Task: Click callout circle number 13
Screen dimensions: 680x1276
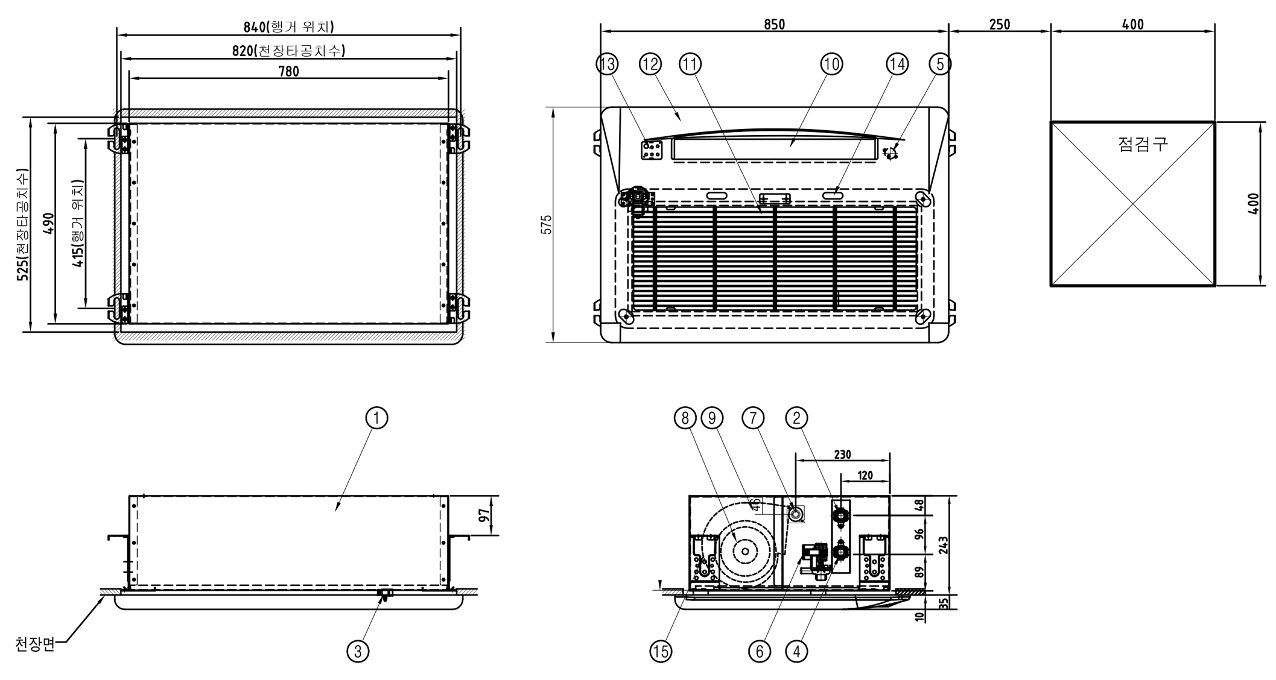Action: click(607, 64)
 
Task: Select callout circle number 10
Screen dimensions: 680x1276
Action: click(831, 64)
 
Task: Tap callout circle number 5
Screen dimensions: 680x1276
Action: click(940, 64)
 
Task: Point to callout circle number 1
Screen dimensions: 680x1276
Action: click(377, 418)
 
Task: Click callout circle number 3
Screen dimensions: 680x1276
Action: click(358, 651)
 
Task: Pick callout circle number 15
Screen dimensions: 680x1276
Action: click(661, 651)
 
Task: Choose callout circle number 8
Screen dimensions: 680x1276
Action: click(685, 418)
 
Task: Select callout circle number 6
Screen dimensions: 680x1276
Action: click(760, 651)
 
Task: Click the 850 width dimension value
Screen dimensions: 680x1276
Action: click(774, 24)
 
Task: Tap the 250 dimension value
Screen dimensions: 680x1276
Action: click(1000, 24)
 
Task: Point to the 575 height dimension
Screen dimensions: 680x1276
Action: click(547, 224)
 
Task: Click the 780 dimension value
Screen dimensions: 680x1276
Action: click(288, 71)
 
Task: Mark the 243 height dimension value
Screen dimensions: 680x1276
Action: click(944, 545)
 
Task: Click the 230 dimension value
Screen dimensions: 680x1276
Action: click(842, 455)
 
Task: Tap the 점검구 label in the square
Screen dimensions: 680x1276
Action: click(1143, 144)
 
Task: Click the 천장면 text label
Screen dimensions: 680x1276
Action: click(35, 644)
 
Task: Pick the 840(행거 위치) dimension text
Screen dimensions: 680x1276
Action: click(288, 27)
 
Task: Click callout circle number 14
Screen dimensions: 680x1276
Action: click(897, 64)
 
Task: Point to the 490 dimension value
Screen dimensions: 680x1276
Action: click(49, 224)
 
